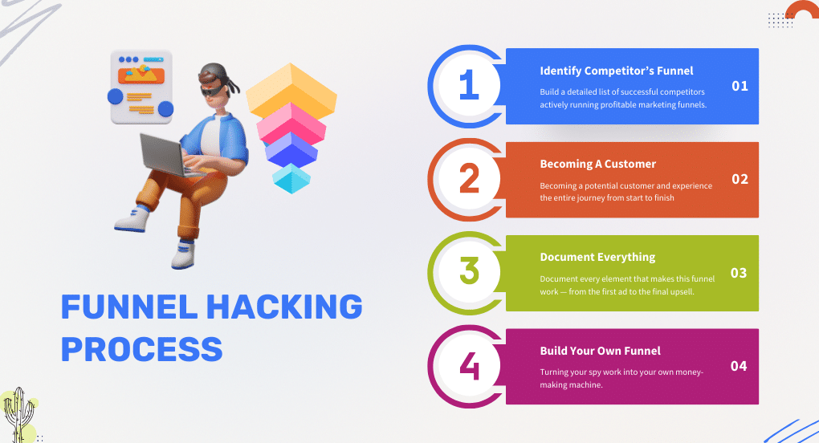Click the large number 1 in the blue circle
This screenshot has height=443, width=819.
click(468, 86)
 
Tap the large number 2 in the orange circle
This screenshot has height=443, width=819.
click(468, 179)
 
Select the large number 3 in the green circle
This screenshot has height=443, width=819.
click(468, 272)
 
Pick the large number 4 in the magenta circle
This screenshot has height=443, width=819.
click(468, 365)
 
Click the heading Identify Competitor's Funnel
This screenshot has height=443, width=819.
click(616, 71)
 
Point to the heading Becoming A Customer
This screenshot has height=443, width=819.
click(597, 164)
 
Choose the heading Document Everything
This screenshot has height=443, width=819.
click(597, 257)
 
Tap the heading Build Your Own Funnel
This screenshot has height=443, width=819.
click(600, 350)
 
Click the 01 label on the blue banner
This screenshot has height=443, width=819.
click(740, 86)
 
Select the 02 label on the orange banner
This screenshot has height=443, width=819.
click(740, 179)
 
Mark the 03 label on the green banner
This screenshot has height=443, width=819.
click(739, 273)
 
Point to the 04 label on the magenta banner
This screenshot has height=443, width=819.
click(739, 366)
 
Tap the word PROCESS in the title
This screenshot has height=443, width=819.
click(142, 348)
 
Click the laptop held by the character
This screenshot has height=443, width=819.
click(164, 152)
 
